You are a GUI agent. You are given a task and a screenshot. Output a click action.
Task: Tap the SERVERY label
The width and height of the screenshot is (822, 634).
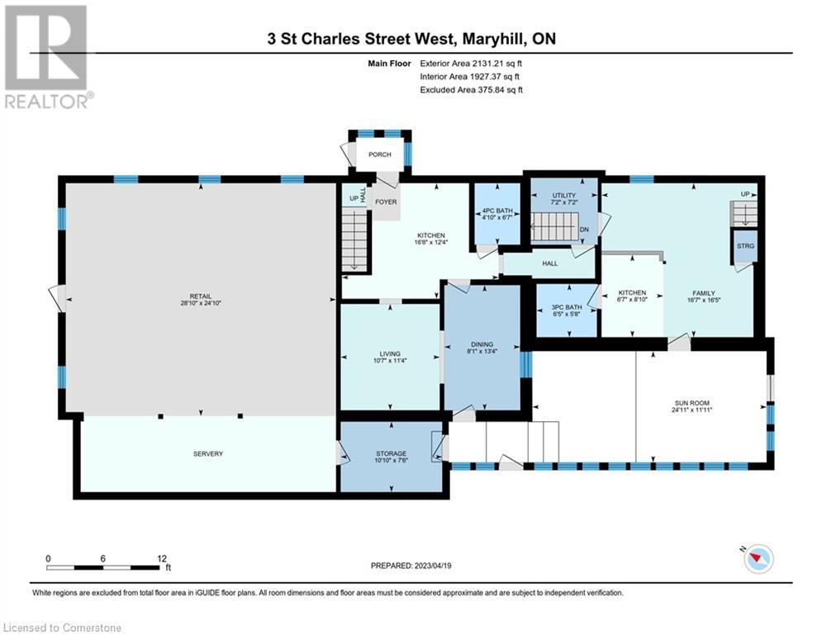[x=207, y=453]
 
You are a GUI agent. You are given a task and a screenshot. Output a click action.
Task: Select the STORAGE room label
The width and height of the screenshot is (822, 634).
[x=391, y=453]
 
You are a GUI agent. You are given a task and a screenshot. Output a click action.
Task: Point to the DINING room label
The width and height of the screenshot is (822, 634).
[x=482, y=344]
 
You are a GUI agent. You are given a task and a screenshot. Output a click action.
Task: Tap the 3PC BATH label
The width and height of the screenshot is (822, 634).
[x=567, y=307]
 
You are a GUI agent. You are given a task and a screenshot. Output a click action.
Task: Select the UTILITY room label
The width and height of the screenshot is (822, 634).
[x=563, y=196]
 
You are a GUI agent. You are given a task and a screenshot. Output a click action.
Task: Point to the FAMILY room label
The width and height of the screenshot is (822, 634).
[x=704, y=293]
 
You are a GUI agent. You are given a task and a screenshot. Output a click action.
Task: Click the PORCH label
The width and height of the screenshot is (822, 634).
[x=380, y=154]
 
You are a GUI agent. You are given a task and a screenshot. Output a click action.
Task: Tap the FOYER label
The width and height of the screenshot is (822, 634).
[x=386, y=201]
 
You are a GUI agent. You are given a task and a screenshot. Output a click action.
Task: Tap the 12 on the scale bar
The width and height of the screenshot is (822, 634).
[x=162, y=558]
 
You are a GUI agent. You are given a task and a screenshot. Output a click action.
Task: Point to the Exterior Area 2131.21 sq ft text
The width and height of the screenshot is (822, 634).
[x=471, y=63]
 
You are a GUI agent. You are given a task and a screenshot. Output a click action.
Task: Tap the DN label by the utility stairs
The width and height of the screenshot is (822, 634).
[x=583, y=229]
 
